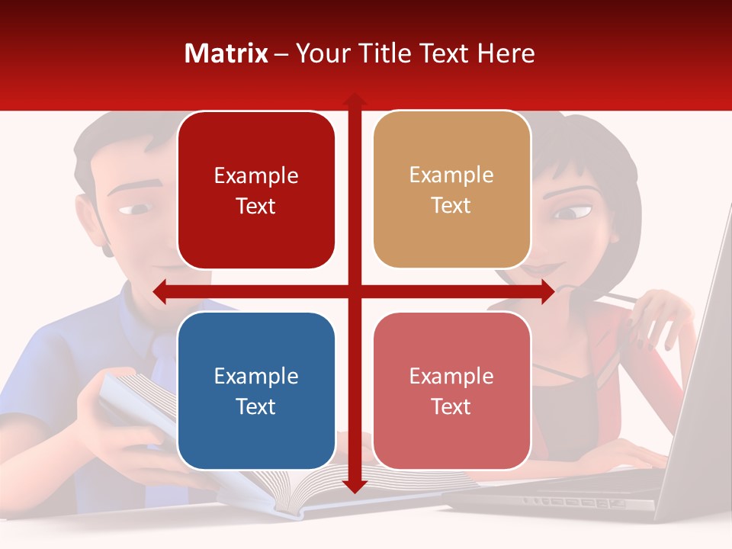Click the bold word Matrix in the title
coord(226,53)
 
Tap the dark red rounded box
coord(255,191)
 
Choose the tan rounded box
coord(451,190)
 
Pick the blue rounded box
coord(255,391)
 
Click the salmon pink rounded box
coord(451,391)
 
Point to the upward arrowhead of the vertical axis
coord(354,100)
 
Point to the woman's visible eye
coord(568,213)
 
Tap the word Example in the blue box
coord(255,377)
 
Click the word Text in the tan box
coord(451,206)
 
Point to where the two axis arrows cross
coord(354,291)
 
